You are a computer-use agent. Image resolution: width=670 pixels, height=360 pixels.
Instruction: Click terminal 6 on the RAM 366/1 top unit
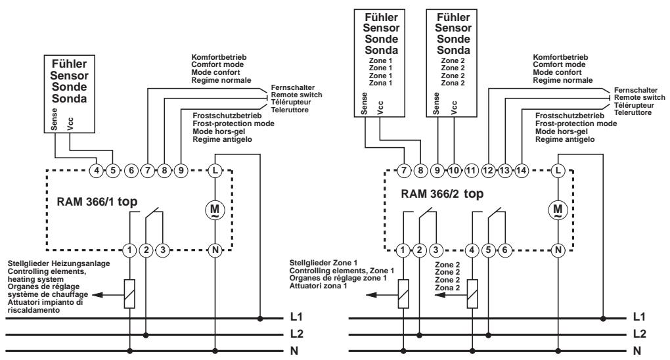point(131,171)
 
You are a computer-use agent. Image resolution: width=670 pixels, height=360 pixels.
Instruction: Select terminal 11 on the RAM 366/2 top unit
point(470,171)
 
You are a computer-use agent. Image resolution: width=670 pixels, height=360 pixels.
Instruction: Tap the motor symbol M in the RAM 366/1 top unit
point(215,210)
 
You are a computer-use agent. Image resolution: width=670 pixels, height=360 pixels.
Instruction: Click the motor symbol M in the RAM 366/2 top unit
point(558,210)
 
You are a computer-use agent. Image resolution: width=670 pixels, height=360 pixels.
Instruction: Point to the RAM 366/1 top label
point(97,202)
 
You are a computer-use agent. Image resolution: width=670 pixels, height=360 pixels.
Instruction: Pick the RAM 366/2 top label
point(442,194)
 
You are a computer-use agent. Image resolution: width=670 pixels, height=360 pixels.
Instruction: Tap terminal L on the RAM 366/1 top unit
point(215,171)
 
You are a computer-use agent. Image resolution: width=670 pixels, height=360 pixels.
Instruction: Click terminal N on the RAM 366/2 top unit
point(558,250)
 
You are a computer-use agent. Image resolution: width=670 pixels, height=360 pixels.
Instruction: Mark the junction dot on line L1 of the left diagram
point(260,319)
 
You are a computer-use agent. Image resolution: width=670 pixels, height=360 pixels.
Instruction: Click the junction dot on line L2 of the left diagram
point(146,335)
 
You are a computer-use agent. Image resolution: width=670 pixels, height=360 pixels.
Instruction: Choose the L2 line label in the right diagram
point(639,334)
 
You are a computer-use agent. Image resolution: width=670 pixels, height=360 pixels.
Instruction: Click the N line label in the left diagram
point(294,351)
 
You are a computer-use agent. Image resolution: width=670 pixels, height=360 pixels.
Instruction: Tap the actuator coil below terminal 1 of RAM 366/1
point(129,294)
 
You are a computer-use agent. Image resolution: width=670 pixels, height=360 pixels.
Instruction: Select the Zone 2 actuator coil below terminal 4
point(472,294)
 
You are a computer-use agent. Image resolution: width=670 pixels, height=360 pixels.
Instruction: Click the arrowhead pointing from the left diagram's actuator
point(97,294)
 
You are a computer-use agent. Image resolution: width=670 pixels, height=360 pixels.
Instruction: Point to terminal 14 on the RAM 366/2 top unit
point(521,171)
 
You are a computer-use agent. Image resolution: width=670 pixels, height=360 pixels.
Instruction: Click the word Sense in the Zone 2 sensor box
point(436,104)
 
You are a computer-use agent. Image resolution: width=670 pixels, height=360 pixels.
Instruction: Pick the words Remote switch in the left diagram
point(296,95)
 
